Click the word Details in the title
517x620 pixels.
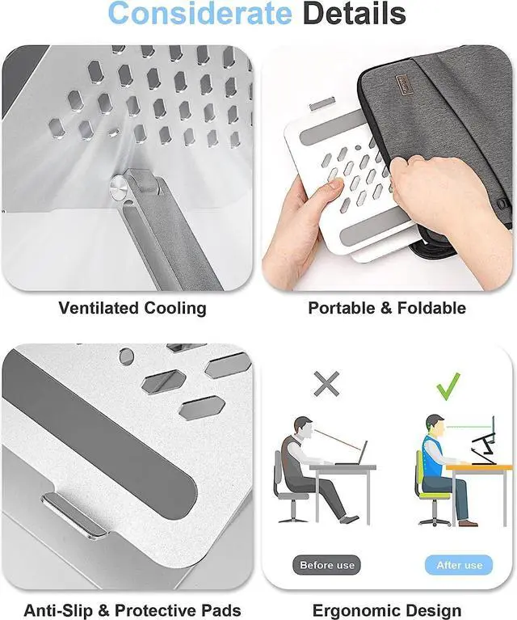(352, 14)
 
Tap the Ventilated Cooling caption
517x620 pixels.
(132, 308)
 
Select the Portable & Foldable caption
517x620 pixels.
(387, 308)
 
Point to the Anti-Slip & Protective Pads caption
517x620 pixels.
(132, 610)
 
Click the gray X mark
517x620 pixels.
(326, 384)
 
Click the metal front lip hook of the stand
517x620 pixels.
(76, 516)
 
